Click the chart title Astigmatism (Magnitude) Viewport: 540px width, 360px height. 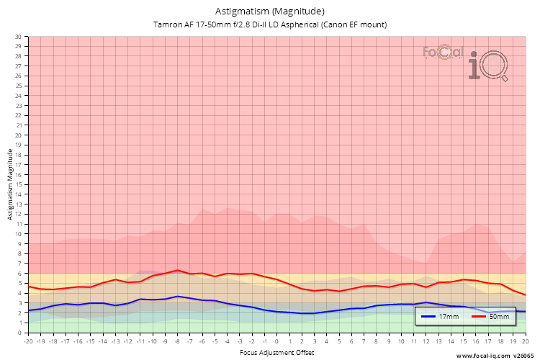coord(270,12)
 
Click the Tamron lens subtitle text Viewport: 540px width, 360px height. coord(270,24)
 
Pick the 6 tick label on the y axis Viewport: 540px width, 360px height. coord(19,274)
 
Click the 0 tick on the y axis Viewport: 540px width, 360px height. coord(19,333)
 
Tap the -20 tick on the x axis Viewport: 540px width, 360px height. coord(29,341)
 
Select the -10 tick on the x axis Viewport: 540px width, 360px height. coord(153,341)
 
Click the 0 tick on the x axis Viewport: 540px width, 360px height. coord(277,341)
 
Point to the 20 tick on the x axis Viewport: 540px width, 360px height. coord(526,341)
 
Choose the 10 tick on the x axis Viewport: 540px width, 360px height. coord(401,341)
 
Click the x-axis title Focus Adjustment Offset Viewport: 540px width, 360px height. coord(277,354)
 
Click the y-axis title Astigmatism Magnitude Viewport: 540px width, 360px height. coord(9,184)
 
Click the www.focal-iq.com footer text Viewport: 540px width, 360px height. coord(497,355)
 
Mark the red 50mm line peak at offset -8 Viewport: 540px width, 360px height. coord(178,270)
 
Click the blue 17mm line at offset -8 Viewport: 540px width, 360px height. coord(178,296)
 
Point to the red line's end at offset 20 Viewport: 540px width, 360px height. coord(526,295)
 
